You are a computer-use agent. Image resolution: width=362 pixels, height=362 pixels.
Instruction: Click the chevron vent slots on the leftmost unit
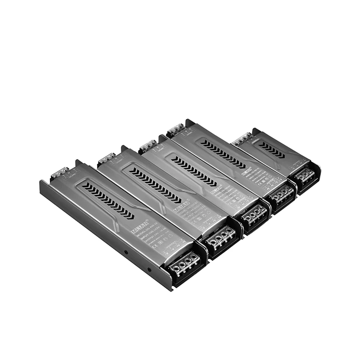[x=108, y=200]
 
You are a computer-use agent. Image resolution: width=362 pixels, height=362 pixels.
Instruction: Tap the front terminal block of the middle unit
[x=254, y=214]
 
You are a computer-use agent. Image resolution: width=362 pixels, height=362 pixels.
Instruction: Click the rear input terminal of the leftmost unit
[x=60, y=173]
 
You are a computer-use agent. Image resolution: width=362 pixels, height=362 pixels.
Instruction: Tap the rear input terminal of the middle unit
[x=148, y=145]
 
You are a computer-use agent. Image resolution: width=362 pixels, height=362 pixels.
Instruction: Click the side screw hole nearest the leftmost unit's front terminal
[x=149, y=269]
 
